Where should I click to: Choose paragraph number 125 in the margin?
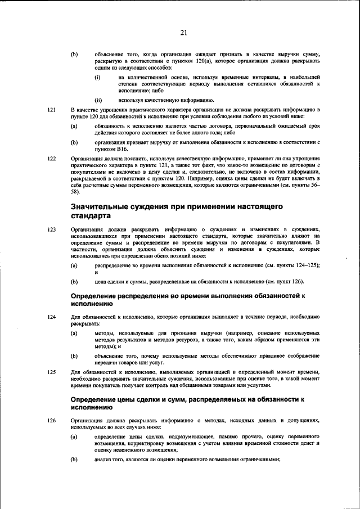click(52, 372)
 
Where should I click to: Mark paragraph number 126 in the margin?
click(52, 420)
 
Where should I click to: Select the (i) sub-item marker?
click(97, 76)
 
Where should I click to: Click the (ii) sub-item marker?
click(98, 100)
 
